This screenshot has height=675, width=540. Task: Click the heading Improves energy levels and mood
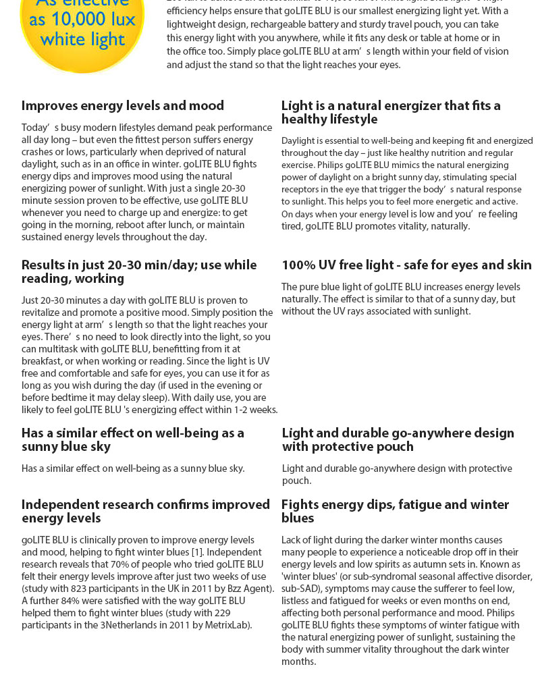click(122, 106)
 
